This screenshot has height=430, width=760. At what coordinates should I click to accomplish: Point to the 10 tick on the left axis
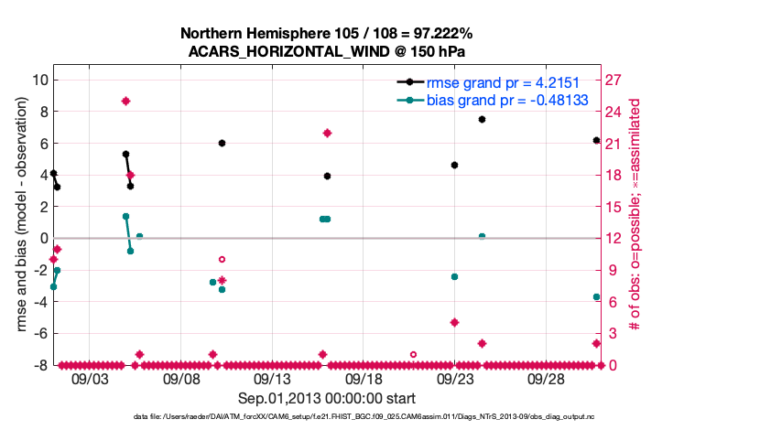click(x=38, y=80)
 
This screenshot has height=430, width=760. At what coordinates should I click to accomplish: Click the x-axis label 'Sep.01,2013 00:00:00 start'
click(x=327, y=398)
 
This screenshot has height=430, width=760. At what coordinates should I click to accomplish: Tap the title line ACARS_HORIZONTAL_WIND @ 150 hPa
click(x=327, y=51)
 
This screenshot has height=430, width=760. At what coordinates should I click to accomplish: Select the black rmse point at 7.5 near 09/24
click(x=482, y=120)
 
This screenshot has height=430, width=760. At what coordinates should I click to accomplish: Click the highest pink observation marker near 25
click(x=125, y=101)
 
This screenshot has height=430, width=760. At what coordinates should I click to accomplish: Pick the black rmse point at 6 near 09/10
click(x=222, y=144)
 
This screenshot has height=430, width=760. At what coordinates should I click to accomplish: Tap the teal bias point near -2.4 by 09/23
click(x=454, y=276)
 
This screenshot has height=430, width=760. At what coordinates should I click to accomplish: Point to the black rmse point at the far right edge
click(x=596, y=140)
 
